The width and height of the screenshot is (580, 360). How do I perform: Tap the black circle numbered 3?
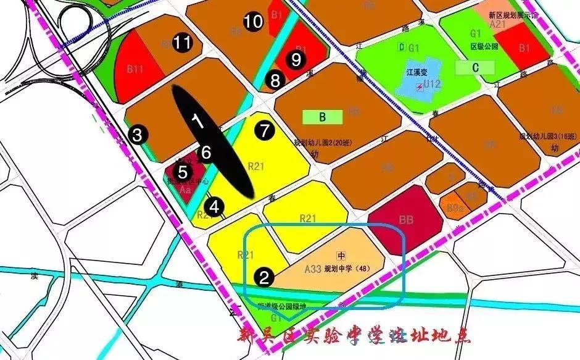(x=138, y=134)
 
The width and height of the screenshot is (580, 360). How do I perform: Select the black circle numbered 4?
(x=214, y=206)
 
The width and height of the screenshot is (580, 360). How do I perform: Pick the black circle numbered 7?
(x=265, y=131)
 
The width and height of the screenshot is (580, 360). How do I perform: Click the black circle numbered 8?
(x=275, y=80)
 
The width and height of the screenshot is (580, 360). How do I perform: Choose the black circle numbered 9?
(x=296, y=59)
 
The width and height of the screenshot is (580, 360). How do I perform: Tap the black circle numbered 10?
(x=253, y=22)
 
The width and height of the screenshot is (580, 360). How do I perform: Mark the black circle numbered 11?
(x=182, y=43)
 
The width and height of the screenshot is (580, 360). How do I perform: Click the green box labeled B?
(x=322, y=117)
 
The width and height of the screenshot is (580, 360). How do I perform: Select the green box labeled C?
(x=475, y=67)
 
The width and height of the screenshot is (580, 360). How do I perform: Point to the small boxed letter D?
(x=402, y=48)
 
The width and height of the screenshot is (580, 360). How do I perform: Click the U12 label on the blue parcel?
(x=432, y=85)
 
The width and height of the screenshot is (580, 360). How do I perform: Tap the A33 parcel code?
(x=313, y=269)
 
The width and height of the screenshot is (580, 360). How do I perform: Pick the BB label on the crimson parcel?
(x=405, y=219)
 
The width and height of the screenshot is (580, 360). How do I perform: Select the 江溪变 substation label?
(x=417, y=72)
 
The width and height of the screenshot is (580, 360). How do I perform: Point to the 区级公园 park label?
(x=483, y=47)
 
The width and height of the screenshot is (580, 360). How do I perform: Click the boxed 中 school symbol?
(x=340, y=255)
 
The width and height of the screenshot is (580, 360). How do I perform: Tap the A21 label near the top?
(x=498, y=24)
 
